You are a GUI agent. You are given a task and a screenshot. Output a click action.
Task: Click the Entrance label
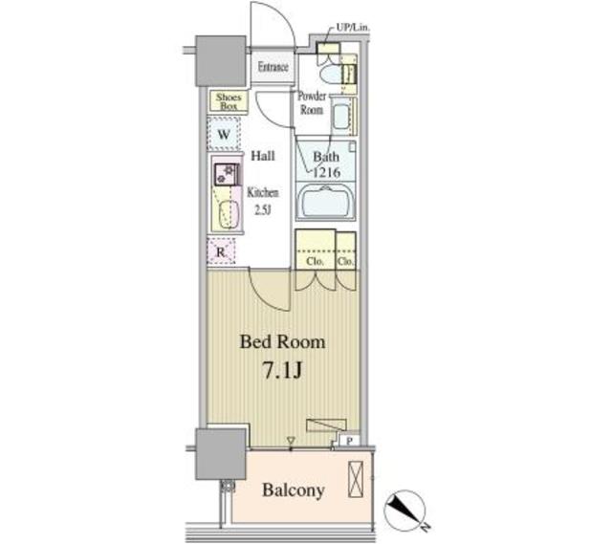click(273, 67)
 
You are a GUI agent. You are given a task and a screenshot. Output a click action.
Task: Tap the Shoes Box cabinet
click(229, 101)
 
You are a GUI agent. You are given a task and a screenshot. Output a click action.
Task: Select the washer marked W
click(224, 134)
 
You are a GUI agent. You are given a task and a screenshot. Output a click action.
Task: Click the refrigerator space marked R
click(221, 251)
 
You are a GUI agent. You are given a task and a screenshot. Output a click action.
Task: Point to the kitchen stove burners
click(226, 174)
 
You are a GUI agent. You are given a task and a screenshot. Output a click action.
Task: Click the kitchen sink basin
click(228, 214)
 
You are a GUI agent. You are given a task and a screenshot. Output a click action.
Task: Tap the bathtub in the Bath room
click(325, 201)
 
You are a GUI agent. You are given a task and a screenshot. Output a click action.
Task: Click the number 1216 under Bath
click(327, 172)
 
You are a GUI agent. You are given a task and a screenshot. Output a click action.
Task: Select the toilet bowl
click(330, 73)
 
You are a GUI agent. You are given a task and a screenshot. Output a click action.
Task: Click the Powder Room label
click(312, 102)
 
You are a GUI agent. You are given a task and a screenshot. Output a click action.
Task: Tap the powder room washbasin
click(341, 115)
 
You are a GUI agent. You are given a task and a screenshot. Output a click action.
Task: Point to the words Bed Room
click(283, 342)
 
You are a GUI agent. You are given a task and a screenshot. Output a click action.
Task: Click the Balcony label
click(294, 490)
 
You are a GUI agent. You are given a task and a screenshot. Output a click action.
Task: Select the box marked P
click(350, 441)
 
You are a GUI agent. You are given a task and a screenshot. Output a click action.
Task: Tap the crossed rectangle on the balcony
click(355, 479)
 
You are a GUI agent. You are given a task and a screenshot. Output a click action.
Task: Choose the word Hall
click(263, 156)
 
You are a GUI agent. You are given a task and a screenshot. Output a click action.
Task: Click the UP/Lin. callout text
click(353, 28)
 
